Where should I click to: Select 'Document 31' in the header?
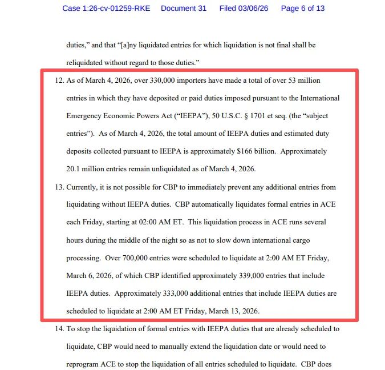(183, 9)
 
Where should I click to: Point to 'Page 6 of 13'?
(303, 9)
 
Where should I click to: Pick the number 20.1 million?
(88, 169)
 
